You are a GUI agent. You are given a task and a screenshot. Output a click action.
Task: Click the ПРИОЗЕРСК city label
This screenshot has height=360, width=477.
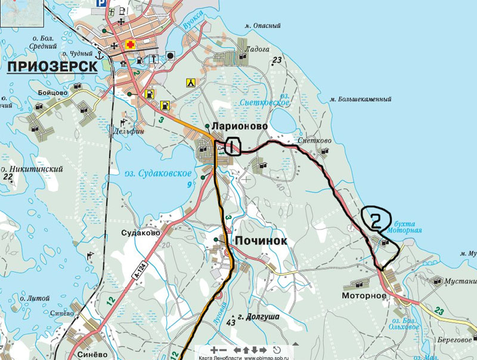click(52, 66)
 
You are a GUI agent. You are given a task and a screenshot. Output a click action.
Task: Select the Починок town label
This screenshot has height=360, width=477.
click(261, 241)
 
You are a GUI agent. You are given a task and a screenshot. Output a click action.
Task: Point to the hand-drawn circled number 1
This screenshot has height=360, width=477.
click(232, 146)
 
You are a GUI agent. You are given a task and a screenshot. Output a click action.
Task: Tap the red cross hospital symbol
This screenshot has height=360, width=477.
click(129, 46)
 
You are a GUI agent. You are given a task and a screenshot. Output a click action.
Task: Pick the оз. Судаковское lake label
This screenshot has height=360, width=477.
click(158, 173)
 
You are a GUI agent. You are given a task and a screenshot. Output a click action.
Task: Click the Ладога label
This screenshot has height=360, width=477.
click(258, 49)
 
